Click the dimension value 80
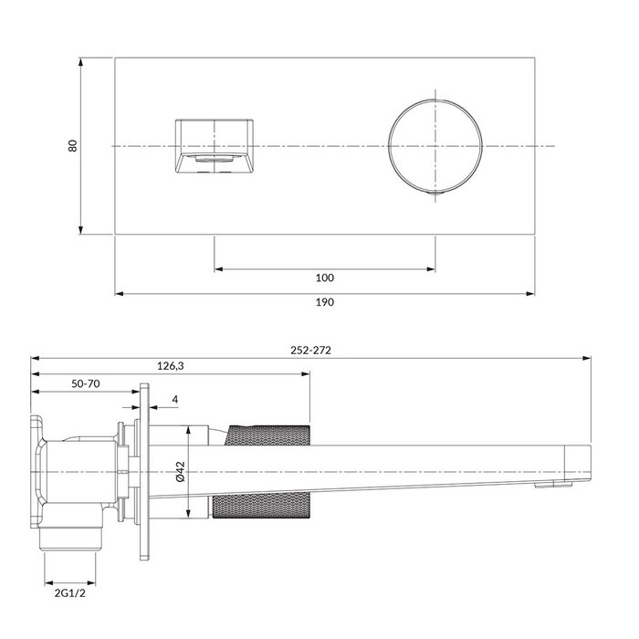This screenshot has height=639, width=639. pos(73,146)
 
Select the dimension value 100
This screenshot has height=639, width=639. pos(324,278)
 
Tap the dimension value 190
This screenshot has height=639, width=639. pos(324,302)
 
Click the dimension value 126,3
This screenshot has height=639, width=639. pos(171,366)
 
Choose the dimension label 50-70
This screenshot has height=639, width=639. pos(86,384)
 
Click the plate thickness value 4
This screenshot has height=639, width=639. pos(174,400)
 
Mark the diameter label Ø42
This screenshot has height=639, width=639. pos(181,471)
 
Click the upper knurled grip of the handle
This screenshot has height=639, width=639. pos(267,435)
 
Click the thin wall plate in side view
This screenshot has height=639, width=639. pos(141,471)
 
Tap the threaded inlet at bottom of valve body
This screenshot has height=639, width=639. pos(70,539)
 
